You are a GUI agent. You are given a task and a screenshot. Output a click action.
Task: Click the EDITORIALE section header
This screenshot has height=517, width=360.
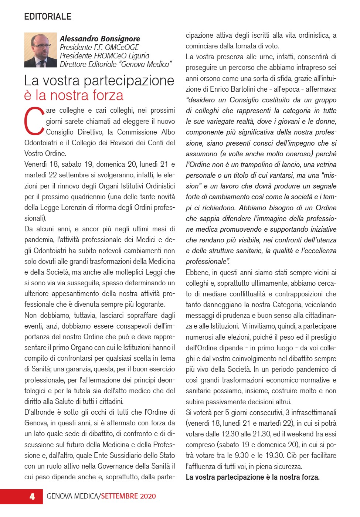(x=48, y=17)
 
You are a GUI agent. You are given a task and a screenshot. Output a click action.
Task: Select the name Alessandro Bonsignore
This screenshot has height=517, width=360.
(x=100, y=38)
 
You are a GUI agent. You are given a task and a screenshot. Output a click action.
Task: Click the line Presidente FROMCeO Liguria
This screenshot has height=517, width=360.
(x=104, y=56)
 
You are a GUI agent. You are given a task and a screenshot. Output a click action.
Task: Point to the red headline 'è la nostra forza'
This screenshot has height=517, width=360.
(x=74, y=95)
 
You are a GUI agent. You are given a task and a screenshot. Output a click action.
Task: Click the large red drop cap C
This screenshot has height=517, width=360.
(x=34, y=121)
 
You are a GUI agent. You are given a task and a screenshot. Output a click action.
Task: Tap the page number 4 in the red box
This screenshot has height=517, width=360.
(x=32, y=496)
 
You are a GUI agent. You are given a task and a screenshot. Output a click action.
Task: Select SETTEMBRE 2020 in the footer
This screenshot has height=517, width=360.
(x=128, y=496)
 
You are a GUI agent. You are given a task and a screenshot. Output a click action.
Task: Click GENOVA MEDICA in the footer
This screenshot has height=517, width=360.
(x=72, y=496)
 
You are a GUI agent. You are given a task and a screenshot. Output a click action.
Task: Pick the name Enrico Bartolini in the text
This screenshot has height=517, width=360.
(x=232, y=89)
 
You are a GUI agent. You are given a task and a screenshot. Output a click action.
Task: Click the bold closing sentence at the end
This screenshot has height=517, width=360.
(x=252, y=477)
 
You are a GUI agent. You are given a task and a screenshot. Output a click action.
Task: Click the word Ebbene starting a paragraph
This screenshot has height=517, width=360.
(x=197, y=272)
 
